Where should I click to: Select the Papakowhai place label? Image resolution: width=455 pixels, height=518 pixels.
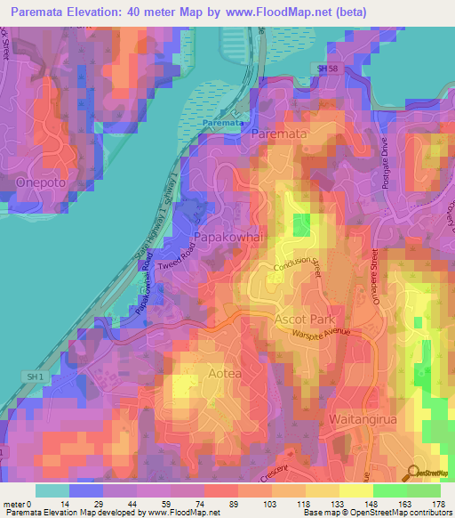coord(227,237)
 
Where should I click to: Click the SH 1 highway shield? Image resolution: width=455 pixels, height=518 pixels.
coord(35,377)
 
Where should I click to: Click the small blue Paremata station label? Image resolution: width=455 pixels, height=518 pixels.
coord(220,122)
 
